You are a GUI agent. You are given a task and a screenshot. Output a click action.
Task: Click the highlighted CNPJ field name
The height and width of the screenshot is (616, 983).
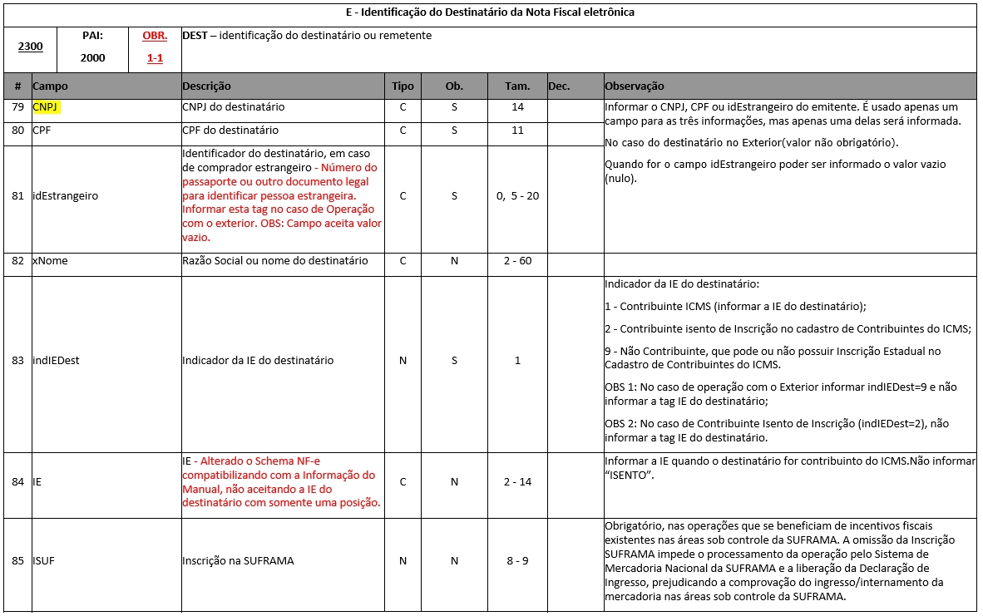(47, 107)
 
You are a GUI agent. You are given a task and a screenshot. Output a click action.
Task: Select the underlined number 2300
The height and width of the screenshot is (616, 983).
(31, 47)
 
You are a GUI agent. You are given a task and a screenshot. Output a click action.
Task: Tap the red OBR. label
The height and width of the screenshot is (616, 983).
(156, 37)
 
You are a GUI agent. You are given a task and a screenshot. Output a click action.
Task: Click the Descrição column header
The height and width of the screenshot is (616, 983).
(206, 86)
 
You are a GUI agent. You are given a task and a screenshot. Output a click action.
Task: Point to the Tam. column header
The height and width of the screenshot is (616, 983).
(517, 86)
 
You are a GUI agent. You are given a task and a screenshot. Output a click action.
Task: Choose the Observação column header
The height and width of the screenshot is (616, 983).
(635, 86)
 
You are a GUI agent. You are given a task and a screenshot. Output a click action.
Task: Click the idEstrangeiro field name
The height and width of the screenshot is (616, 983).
(65, 196)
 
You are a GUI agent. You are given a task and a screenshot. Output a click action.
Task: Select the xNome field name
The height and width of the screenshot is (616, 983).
(50, 261)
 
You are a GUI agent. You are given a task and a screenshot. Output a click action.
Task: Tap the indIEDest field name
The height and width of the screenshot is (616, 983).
(56, 361)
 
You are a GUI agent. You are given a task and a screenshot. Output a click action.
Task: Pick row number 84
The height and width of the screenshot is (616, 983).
(17, 482)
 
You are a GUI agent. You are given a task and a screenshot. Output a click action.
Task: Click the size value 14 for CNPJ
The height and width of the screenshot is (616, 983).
(517, 107)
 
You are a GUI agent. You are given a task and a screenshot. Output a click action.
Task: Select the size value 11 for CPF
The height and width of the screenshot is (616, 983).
(517, 131)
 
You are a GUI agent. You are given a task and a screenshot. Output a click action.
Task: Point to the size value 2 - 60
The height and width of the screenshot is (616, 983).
(517, 261)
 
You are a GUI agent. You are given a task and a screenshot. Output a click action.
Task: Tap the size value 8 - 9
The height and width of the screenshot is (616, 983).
(517, 561)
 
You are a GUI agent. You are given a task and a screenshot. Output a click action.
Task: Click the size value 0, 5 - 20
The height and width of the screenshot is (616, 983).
(517, 196)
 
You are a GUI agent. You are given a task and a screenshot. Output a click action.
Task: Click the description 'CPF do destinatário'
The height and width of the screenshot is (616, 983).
(230, 131)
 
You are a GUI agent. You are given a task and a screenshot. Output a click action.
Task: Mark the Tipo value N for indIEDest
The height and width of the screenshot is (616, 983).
(403, 361)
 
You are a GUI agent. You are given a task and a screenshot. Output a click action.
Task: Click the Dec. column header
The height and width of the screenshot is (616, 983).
(559, 86)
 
